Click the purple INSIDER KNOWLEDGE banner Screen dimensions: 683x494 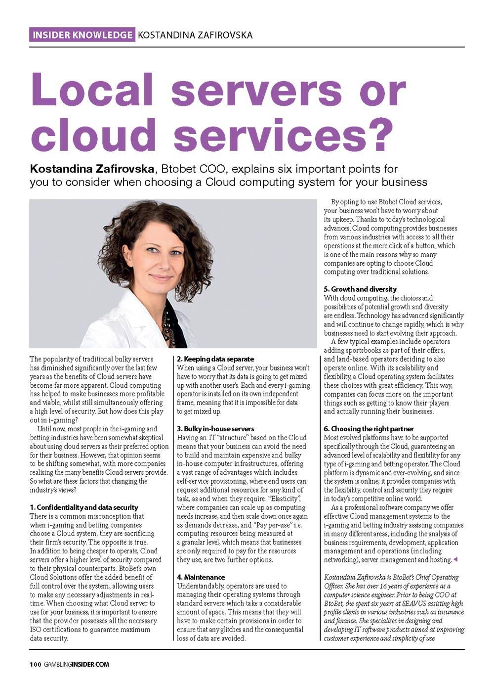click(x=82, y=35)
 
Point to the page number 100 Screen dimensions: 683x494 click(x=35, y=664)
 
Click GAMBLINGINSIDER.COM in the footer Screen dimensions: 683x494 click(x=77, y=664)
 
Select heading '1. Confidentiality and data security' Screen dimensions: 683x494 click(x=84, y=507)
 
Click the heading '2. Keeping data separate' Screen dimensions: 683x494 click(x=215, y=359)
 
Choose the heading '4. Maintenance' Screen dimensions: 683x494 click(x=201, y=577)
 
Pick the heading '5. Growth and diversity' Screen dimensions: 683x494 click(x=360, y=289)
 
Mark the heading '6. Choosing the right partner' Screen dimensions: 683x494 click(x=369, y=429)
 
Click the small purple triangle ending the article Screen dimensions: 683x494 click(x=455, y=559)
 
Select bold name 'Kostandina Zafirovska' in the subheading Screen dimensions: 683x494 click(x=92, y=170)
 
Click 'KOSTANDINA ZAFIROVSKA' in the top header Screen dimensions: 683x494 click(x=195, y=35)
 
